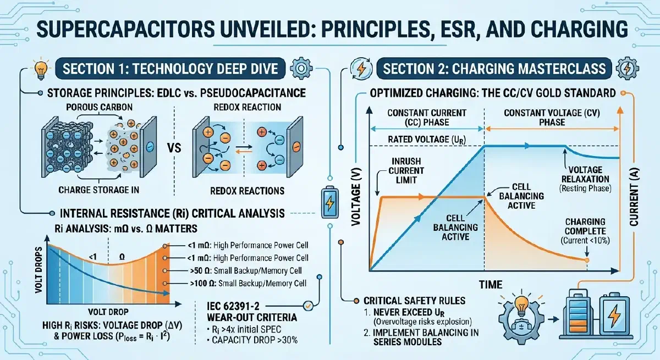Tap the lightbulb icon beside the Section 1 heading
tap(41, 69)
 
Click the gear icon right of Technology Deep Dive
tap(301, 69)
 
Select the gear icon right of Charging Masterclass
tap(628, 69)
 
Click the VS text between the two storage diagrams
tap(174, 148)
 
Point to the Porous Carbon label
tap(100, 107)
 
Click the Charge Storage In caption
tap(98, 190)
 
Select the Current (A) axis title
tap(634, 197)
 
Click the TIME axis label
tap(491, 285)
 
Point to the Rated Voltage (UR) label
tap(427, 140)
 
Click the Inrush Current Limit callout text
tap(406, 171)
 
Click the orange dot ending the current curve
tap(587, 261)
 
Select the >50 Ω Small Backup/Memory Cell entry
tap(246, 271)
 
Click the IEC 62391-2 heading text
tap(233, 307)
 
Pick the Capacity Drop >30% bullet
tap(252, 340)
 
